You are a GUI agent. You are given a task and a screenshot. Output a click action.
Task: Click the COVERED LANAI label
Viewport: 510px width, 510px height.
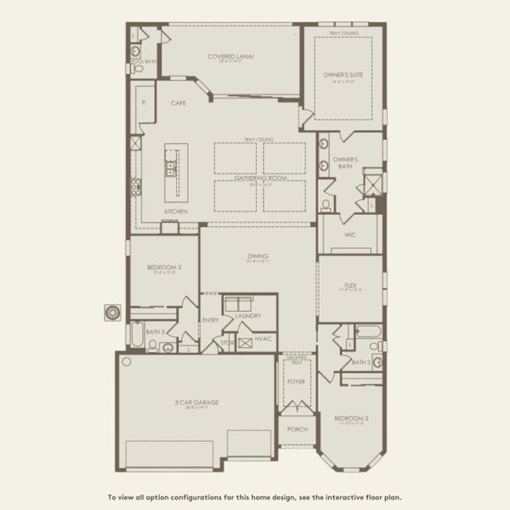(230, 57)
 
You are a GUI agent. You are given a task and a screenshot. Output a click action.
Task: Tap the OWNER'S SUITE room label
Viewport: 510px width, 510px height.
(343, 75)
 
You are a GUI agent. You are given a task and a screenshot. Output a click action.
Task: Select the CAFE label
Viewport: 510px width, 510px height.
(178, 103)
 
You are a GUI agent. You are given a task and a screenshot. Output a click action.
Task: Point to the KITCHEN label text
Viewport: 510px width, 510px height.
(176, 211)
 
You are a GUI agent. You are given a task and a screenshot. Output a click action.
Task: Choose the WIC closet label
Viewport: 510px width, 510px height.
(349, 234)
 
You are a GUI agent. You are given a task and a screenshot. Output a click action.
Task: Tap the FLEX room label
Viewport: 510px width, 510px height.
(349, 286)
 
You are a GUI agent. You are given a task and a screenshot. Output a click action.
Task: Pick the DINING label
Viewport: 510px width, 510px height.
(258, 256)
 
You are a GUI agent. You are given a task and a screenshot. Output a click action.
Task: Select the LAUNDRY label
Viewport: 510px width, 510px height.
(247, 315)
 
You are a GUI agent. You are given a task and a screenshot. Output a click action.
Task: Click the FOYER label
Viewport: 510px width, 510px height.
(296, 382)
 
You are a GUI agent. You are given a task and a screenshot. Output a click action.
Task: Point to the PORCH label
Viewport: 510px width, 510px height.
(297, 429)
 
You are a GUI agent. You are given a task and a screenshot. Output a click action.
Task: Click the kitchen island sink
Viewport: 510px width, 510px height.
(172, 167)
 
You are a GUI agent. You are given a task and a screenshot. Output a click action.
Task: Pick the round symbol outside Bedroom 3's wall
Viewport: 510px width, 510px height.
(111, 312)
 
